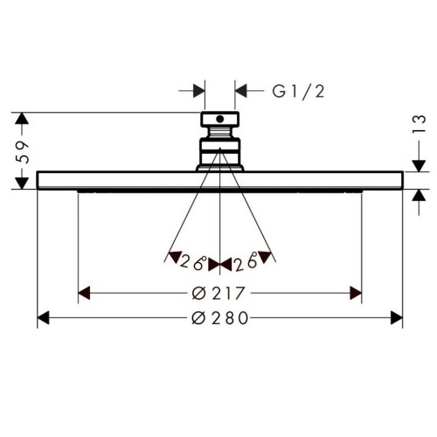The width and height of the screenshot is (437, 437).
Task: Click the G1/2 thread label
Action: pos(298,92)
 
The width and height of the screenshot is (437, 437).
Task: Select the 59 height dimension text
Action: pos(22,152)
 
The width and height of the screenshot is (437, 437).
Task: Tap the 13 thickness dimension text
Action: pos(419,124)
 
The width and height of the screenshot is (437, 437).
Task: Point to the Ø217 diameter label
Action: pos(218,294)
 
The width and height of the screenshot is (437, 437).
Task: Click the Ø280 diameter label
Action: pos(220,318)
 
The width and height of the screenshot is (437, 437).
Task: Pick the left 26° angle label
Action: pos(193,262)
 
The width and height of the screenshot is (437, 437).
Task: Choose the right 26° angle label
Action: pos(246,262)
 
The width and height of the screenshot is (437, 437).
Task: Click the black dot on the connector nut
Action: pos(220,119)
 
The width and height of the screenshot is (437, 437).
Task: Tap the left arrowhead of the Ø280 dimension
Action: pos(44,318)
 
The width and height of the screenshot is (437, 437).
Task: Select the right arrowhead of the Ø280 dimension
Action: pos(397,318)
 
